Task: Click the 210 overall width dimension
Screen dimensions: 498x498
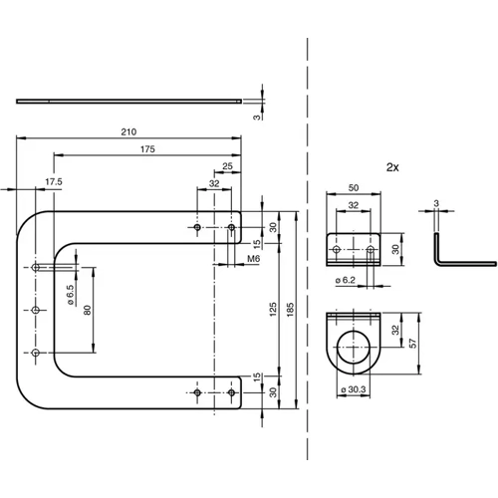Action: pyautogui.click(x=128, y=132)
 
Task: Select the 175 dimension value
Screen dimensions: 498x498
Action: pyautogui.click(x=147, y=149)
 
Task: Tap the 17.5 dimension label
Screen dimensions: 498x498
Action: pyautogui.click(x=54, y=181)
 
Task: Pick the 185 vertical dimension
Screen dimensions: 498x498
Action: pyautogui.click(x=292, y=310)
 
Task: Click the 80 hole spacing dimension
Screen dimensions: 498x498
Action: pyautogui.click(x=87, y=310)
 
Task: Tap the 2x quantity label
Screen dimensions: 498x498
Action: pyautogui.click(x=391, y=168)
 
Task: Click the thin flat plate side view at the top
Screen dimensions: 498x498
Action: pyautogui.click(x=129, y=101)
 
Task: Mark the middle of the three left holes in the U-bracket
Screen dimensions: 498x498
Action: pyautogui.click(x=37, y=311)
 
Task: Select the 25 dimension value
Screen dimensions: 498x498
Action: pyautogui.click(x=228, y=165)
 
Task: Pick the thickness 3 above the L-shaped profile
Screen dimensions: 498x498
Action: pyautogui.click(x=435, y=204)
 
